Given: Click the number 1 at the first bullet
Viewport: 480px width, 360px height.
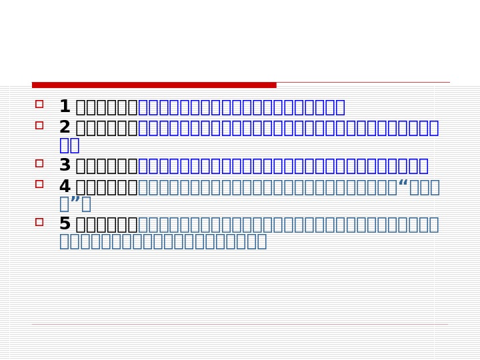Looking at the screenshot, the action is tap(65, 107).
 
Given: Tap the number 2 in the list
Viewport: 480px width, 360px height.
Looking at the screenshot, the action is tap(65, 127).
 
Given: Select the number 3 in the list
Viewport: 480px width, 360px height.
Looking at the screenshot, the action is tap(65, 165).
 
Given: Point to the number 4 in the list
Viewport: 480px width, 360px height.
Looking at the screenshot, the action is tap(65, 187).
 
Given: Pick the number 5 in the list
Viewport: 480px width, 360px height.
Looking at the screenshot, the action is tap(65, 224).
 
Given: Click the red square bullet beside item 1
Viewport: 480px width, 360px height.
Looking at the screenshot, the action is tap(39, 104).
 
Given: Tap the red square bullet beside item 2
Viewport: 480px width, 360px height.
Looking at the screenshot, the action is tap(39, 125).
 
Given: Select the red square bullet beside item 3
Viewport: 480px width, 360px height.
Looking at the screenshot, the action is tap(39, 163).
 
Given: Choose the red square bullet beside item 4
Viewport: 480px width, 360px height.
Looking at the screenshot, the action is tap(39, 184).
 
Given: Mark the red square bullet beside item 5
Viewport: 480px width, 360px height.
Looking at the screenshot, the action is tap(39, 221).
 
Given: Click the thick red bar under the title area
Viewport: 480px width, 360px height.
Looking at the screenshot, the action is tap(154, 85).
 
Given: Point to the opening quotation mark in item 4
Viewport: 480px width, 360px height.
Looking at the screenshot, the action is tap(403, 184).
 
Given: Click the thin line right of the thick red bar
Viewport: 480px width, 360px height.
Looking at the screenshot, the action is tap(363, 83).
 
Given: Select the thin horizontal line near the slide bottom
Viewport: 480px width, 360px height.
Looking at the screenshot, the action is tap(240, 325).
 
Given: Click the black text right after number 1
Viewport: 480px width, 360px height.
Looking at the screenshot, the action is tap(107, 107).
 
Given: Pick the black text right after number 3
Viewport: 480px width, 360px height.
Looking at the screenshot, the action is tap(107, 165).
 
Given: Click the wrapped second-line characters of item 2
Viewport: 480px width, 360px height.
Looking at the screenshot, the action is tap(69, 145).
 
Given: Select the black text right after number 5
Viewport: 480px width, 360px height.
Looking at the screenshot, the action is tap(107, 224).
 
